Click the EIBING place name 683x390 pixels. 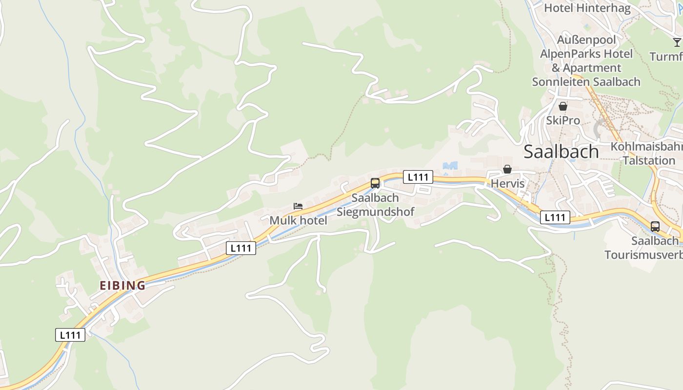point(122,286)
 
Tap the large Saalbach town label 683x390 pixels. point(561,152)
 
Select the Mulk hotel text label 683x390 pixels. point(298,220)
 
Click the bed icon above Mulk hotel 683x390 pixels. point(298,207)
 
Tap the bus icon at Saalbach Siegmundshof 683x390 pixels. point(375,183)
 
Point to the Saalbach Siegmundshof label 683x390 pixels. point(375,205)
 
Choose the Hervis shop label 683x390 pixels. point(507,184)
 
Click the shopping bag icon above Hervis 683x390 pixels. point(507,169)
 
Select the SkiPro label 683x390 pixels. point(563,120)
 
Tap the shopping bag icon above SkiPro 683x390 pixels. point(563,106)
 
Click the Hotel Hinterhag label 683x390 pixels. point(587,8)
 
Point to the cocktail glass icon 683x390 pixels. point(677,42)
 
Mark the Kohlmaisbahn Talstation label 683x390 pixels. point(647,154)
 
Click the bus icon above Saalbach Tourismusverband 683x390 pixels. point(655,227)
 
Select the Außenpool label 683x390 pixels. point(586,39)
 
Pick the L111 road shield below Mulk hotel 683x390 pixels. point(241,248)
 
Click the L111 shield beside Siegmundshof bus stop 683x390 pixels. point(418,177)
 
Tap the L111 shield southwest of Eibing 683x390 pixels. point(70,335)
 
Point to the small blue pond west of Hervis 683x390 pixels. point(450,166)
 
